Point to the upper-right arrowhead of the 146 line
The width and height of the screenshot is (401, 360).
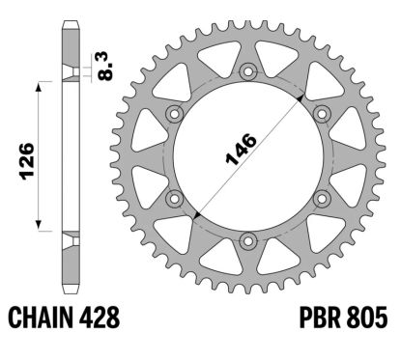[301, 98]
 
